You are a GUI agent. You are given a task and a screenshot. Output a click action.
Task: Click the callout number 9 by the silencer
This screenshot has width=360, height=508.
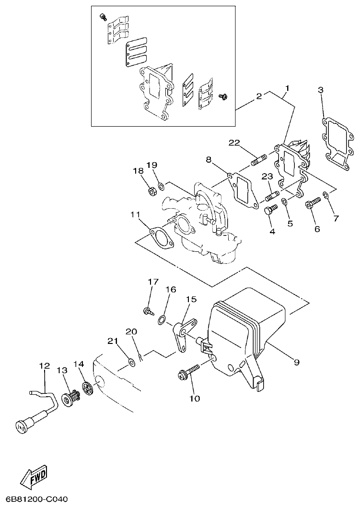pyautogui.click(x=296, y=362)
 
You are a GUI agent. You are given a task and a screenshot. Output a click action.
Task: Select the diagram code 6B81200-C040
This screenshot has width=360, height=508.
pyautogui.click(x=34, y=499)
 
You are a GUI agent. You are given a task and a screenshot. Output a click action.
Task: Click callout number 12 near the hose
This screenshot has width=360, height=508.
pyautogui.click(x=44, y=366)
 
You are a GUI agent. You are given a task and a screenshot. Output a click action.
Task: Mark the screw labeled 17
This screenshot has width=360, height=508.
pyautogui.click(x=149, y=311)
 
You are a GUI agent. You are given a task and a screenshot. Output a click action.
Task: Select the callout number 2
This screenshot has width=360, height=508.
pyautogui.click(x=259, y=96)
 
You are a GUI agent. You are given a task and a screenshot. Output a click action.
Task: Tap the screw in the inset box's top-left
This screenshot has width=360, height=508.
pyautogui.click(x=103, y=17)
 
